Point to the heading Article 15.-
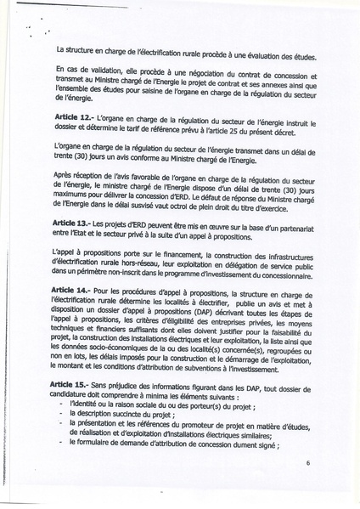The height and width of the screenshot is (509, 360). point(74,386)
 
